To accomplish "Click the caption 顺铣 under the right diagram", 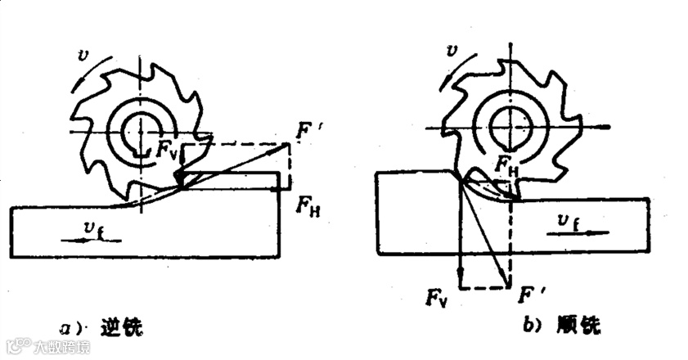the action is (582, 326).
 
